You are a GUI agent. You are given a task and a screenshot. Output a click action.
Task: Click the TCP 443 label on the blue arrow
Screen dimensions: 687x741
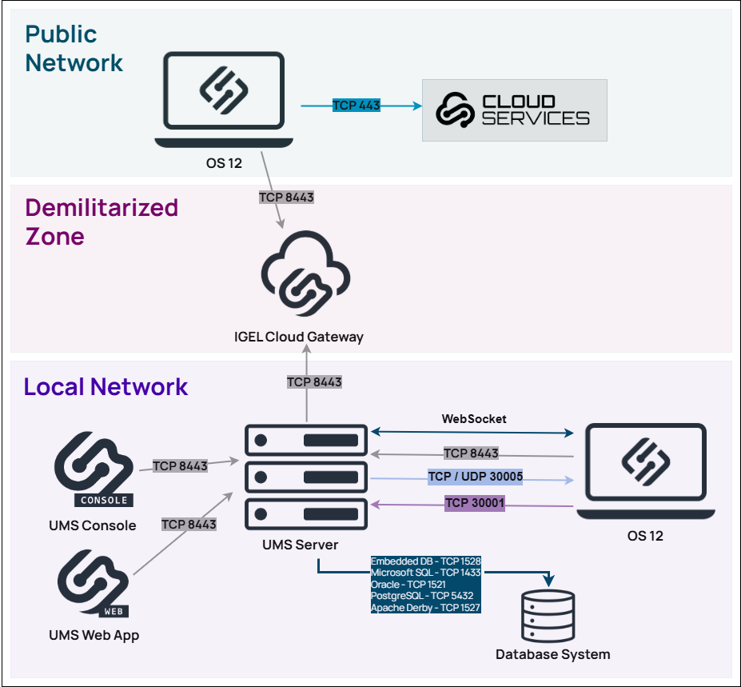pyautogui.click(x=357, y=105)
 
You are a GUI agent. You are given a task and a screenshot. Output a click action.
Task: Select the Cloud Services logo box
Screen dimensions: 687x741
pyautogui.click(x=514, y=110)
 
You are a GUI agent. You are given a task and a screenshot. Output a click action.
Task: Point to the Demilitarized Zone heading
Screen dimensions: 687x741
pyautogui.click(x=102, y=222)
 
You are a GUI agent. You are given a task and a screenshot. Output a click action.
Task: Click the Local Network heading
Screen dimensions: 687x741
pyautogui.click(x=106, y=387)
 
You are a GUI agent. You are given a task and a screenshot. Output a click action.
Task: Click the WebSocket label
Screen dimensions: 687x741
pyautogui.click(x=474, y=418)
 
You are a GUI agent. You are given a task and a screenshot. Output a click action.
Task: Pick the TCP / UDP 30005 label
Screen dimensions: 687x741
pyautogui.click(x=475, y=477)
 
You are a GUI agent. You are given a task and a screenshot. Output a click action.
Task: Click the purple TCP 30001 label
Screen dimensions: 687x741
pyautogui.click(x=475, y=502)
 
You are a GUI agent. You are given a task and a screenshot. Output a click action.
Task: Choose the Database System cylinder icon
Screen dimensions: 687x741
pyautogui.click(x=548, y=615)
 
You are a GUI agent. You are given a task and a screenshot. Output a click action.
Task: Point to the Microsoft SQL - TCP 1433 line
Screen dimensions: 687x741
pyautogui.click(x=425, y=573)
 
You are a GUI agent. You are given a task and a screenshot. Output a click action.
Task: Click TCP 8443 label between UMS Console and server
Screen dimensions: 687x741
pyautogui.click(x=180, y=465)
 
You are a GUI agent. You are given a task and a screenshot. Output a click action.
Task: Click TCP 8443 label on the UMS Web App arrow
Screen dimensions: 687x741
pyautogui.click(x=189, y=524)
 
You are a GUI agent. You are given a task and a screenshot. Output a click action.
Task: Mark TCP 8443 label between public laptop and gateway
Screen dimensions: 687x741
pyautogui.click(x=286, y=197)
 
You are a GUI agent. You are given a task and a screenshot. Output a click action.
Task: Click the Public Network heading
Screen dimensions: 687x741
pyautogui.click(x=74, y=48)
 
